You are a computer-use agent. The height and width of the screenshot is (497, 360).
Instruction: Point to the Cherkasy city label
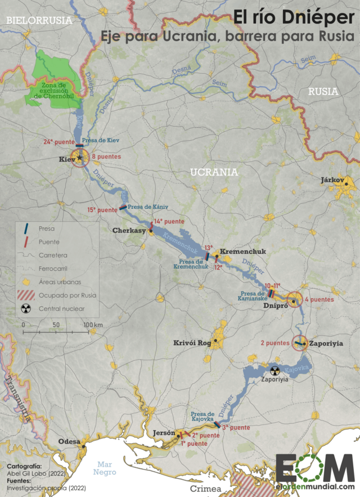point(129,230)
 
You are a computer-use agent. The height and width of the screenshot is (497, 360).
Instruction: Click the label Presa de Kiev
point(101,140)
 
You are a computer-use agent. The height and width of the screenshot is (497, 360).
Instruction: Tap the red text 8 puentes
point(107,157)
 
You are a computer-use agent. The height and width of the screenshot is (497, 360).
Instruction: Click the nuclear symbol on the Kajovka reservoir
point(275,370)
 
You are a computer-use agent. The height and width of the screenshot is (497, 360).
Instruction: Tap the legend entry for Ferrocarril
point(52,268)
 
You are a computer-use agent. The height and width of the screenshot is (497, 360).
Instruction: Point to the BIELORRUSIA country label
point(38,20)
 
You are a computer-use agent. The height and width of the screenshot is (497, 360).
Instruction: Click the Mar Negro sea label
point(106,469)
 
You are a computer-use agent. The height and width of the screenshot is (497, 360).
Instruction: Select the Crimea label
point(205,488)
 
